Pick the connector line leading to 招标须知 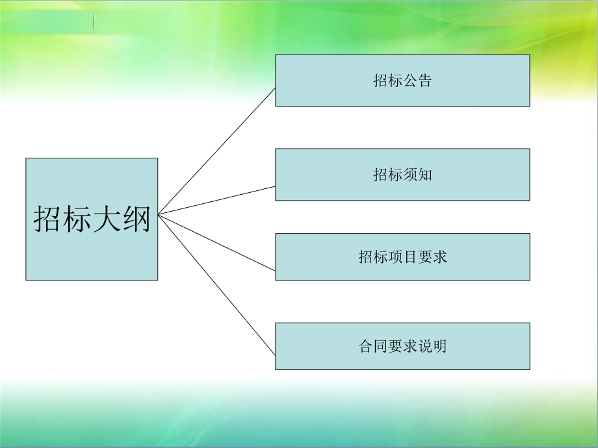click(217, 200)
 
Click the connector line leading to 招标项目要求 click(217, 242)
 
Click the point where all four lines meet click(159, 214)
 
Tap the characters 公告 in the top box click(417, 81)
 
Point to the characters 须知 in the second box click(417, 175)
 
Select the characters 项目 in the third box click(402, 257)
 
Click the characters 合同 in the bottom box click(372, 346)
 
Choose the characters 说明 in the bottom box click(432, 346)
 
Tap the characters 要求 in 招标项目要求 click(432, 257)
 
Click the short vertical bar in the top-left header click(93, 21)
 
